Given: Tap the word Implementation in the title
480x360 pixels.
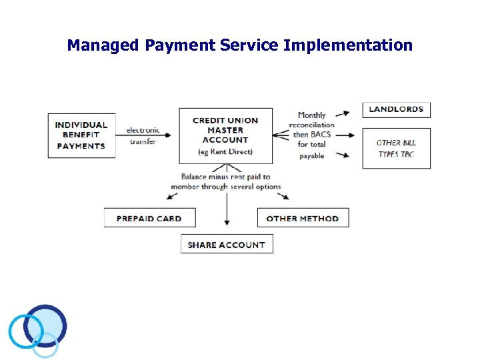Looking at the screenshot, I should (347, 46).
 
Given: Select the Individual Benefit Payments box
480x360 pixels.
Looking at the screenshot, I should (81, 135).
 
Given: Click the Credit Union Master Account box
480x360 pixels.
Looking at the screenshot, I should (225, 135).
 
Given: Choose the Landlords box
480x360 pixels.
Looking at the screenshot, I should (396, 109).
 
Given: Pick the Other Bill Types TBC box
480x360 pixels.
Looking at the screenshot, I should (396, 148).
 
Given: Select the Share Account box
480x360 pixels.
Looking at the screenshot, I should (227, 245).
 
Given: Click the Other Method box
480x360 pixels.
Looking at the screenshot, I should (303, 218).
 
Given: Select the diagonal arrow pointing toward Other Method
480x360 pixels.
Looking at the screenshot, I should (284, 195).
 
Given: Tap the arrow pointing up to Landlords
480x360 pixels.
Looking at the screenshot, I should (343, 113).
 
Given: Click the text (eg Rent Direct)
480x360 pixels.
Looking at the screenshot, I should (225, 152).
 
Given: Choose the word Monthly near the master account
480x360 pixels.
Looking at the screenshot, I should (312, 115).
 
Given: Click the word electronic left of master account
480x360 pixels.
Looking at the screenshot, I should (143, 130).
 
